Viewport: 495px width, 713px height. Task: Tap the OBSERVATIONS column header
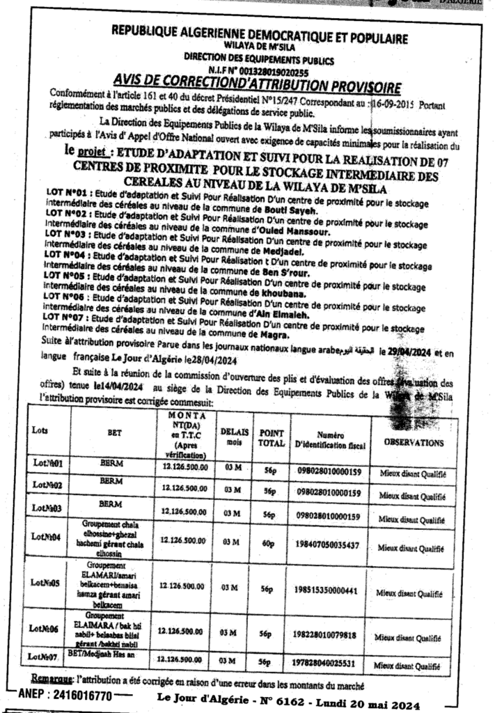[414, 441]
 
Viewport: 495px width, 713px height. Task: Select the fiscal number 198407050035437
[328, 545]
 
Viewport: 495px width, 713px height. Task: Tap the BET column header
[114, 432]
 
